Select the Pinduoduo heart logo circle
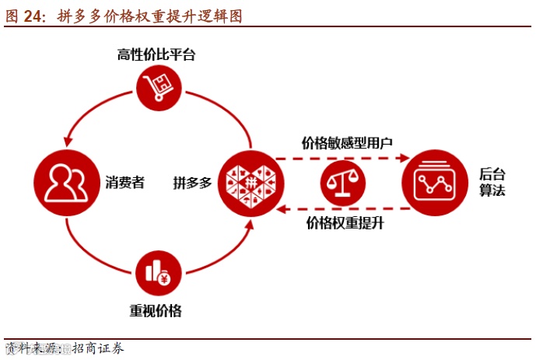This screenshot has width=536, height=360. pyautogui.click(x=251, y=184)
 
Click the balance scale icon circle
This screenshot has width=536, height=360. pyautogui.click(x=343, y=184)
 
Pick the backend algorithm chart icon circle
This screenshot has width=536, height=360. pyautogui.click(x=434, y=183)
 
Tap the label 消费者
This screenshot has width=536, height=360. pyautogui.click(x=124, y=184)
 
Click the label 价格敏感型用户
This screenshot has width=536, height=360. pyautogui.click(x=347, y=143)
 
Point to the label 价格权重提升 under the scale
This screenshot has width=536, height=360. pyautogui.click(x=345, y=225)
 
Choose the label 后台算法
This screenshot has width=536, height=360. pyautogui.click(x=492, y=183)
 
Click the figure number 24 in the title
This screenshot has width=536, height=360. pyautogui.click(x=33, y=16)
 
